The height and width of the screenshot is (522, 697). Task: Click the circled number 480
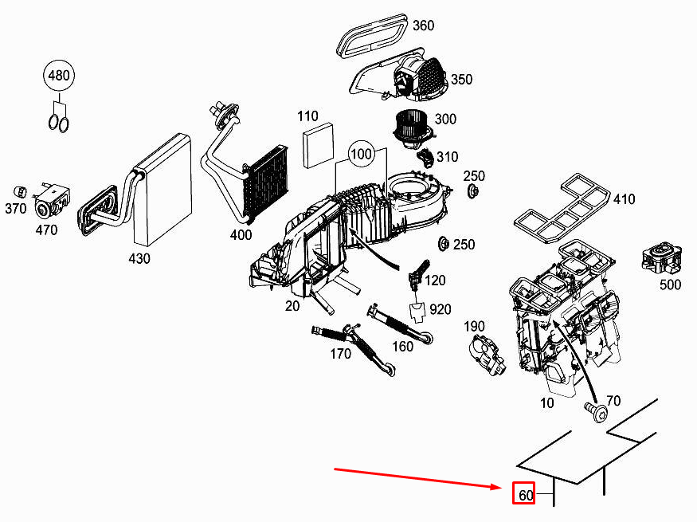59,77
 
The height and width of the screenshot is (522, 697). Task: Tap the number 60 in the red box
525,495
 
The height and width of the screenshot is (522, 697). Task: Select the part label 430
140,258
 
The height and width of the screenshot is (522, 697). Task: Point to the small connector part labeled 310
427,156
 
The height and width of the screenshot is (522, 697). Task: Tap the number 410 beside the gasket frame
624,199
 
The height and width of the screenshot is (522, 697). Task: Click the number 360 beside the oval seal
423,26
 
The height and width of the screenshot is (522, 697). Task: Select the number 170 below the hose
340,354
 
